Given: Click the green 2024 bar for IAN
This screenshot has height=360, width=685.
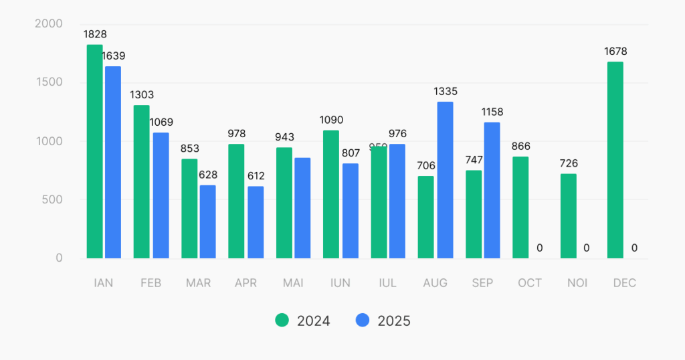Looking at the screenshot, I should point(94,151).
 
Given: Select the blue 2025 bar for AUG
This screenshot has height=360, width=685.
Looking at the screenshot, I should point(445,180).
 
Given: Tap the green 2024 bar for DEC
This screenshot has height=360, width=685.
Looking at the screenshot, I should point(615,160).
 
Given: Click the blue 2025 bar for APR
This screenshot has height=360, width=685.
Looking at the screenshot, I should point(256,222).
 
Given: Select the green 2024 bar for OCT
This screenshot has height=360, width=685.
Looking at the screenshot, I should point(520,207).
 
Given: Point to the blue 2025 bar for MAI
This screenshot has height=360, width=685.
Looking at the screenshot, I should point(302,208).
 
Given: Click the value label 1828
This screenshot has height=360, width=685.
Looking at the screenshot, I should point(95,34).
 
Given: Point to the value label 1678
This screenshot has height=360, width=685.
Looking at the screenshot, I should point(615,52).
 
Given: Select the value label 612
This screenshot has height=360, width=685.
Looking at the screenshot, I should point(256,176).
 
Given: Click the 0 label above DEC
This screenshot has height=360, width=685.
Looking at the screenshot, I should point(634,248).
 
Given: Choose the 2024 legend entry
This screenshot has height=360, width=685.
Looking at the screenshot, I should point(303,321).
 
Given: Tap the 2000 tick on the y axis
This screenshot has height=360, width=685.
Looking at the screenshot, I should point(48,24).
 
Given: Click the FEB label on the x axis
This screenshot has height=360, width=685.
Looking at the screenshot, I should point(151,283).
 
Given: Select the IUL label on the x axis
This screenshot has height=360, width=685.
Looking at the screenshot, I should point(387,283).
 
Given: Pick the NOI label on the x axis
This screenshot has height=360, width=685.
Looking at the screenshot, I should point(577,283).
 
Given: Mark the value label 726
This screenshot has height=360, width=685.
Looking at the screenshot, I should point(569,163).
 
